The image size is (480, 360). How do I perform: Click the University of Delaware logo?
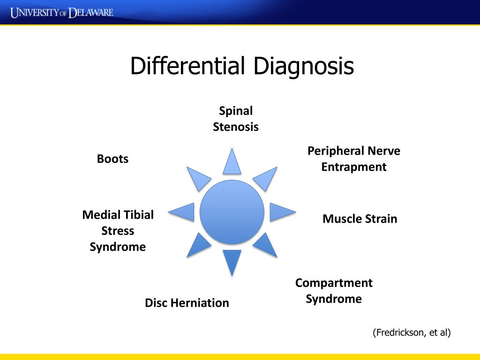pos(62,12)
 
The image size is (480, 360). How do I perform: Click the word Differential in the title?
pos(187,66)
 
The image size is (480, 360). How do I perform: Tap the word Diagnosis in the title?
pos(303,66)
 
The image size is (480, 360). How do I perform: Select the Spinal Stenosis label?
pos(236,119)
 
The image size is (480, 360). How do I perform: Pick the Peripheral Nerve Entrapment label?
pos(354,159)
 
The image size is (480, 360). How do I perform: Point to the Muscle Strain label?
pos(360,219)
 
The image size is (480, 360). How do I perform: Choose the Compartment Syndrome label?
pos(334,291)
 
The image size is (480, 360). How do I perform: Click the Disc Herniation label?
pos(187,303)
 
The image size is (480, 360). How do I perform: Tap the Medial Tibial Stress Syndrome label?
pos(118,231)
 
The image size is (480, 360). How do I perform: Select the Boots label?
pos(112,159)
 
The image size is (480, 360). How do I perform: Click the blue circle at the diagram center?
pos(232,212)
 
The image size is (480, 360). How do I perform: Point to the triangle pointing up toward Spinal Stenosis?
pos(232,163)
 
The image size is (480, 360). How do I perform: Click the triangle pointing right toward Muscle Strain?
pos(281,212)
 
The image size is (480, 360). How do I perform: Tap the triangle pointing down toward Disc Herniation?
pos(232,261)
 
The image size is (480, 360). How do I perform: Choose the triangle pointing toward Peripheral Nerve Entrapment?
pos(266,178)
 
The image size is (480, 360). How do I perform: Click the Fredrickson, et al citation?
pos(412,333)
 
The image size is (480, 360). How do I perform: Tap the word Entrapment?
pos(354,167)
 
